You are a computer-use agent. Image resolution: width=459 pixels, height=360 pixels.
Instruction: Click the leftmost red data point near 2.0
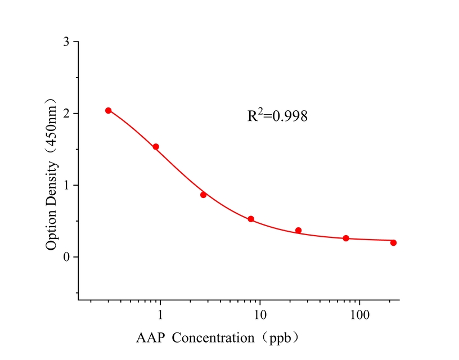coord(109,110)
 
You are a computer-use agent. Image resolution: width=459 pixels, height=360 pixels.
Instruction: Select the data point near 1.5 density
coord(156,147)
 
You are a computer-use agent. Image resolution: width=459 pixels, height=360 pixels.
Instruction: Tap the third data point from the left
coord(204,195)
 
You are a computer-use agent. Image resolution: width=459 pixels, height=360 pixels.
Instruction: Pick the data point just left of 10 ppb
coord(251,219)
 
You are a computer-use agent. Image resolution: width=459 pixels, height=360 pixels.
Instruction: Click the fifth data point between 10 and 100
coord(298,230)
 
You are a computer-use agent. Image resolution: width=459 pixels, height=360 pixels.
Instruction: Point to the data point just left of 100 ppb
coord(346,238)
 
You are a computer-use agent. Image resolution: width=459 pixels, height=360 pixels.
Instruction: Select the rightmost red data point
coord(393,242)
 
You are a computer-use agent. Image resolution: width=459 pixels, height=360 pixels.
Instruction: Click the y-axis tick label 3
coord(67,42)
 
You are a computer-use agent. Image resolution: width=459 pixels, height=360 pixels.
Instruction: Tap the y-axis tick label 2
coord(67,114)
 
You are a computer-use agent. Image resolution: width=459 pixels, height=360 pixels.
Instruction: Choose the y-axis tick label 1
coord(67,185)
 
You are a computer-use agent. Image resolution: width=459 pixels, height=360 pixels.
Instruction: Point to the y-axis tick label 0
coord(67,257)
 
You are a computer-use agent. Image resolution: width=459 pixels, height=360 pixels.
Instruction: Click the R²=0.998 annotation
coord(277,116)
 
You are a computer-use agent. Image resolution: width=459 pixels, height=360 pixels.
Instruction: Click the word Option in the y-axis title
coord(52,232)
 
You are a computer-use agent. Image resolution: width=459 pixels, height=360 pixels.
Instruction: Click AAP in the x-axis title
coord(151,339)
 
